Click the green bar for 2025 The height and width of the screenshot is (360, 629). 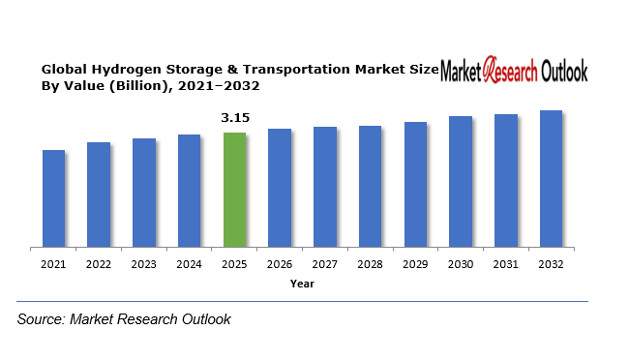tap(235, 190)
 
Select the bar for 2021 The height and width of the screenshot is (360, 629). tap(53, 198)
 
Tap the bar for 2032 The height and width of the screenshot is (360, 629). tap(551, 179)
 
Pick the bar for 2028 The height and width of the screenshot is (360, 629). tap(370, 187)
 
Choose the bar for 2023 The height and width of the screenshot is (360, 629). tap(144, 193)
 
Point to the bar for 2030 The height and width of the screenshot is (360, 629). tap(461, 182)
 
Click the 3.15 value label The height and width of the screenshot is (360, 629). tap(235, 118)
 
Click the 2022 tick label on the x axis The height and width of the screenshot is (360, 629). tap(99, 263)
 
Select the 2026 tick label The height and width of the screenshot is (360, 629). tap(280, 263)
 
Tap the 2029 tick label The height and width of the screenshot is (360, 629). tap(415, 263)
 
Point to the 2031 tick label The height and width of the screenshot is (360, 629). tap(506, 263)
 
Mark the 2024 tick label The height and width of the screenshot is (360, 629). tap(190, 263)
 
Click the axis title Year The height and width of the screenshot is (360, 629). tap(302, 284)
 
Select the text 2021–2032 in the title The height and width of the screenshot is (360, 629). tap(227, 86)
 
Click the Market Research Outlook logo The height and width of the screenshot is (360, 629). tap(514, 71)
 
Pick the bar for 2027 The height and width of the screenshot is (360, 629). tap(325, 188)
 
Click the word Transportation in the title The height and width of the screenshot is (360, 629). tap(287, 71)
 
